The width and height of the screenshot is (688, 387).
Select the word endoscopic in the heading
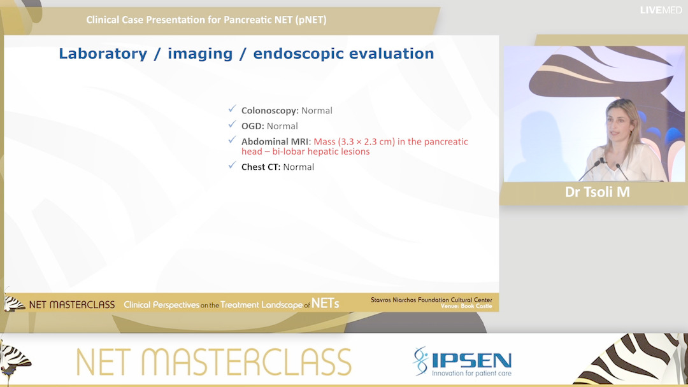click(x=294, y=54)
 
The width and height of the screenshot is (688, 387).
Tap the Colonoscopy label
click(x=269, y=111)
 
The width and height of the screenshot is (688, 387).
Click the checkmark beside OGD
click(x=233, y=125)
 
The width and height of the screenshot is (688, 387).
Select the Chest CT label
click(x=260, y=167)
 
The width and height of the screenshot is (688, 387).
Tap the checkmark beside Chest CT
click(x=233, y=166)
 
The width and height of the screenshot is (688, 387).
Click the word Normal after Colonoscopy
click(x=317, y=111)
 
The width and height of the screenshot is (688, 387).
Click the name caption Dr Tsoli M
click(x=597, y=192)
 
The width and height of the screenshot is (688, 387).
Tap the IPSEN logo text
click(x=471, y=360)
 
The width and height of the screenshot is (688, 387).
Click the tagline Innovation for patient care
click(x=471, y=373)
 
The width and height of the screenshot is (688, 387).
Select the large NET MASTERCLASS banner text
click(x=213, y=362)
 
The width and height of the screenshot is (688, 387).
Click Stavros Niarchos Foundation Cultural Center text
click(x=431, y=300)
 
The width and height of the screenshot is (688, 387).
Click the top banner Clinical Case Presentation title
click(x=206, y=20)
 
